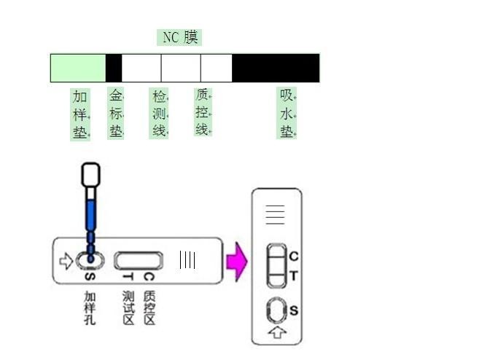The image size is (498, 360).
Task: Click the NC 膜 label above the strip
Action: tap(180, 37)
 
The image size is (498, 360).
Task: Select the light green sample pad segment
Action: tap(78, 68)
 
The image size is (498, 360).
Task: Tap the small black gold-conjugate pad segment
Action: tap(114, 68)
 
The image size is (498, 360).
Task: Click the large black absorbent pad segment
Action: tap(276, 68)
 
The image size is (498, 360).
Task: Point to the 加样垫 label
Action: tap(80, 114)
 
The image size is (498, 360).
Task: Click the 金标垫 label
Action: tap(116, 113)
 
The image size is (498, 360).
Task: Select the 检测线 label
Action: tap(159, 113)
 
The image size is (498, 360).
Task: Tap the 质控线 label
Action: tap(203, 111)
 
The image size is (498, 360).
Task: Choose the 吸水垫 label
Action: tap(287, 113)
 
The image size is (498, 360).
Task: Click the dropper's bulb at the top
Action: tap(91, 175)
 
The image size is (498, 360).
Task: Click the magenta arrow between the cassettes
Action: tap(237, 262)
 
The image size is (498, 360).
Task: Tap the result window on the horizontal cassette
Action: tap(139, 261)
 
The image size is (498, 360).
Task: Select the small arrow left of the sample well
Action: tap(66, 261)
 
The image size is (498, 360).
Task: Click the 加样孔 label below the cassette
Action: tap(90, 308)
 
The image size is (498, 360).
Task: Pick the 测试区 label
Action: tap(128, 308)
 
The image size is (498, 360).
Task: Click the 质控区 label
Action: tap(149, 308)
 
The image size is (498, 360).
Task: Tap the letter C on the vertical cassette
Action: tap(294, 257)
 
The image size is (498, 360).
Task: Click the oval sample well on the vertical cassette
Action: tap(276, 310)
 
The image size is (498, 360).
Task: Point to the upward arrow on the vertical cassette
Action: tap(277, 332)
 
